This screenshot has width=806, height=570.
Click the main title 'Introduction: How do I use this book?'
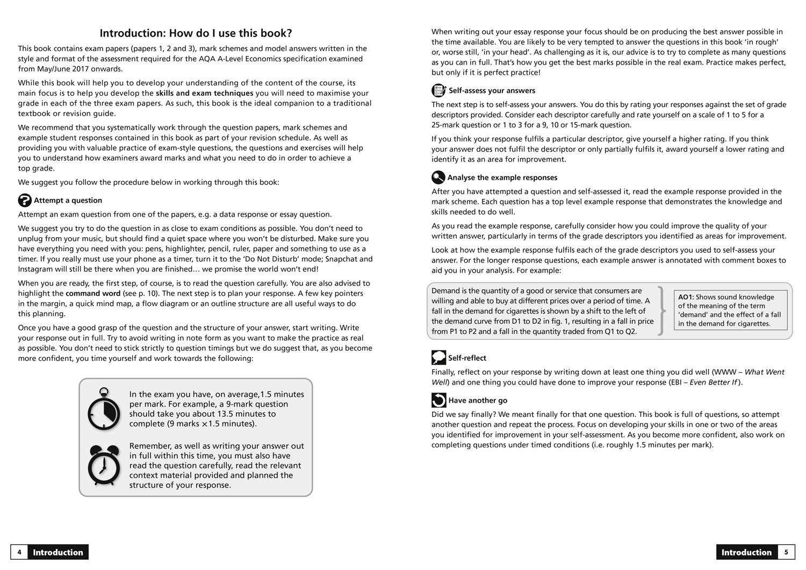[x=196, y=33]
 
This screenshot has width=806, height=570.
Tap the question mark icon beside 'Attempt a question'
[x=25, y=200]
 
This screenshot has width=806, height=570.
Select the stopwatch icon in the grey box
[x=104, y=409]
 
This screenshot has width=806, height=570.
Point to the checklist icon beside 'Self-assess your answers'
[x=438, y=90]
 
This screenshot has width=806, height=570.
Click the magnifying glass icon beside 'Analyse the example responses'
[x=438, y=177]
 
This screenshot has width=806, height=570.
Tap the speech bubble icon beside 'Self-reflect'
[x=438, y=358]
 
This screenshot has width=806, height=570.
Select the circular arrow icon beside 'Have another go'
[x=438, y=400]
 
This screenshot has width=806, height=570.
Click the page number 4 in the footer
[x=19, y=552]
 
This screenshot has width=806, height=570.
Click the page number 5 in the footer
[x=786, y=552]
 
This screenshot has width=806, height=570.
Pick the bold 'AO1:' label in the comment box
[x=686, y=297]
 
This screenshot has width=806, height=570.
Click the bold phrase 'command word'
[x=90, y=294]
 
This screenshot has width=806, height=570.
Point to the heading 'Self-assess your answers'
[x=492, y=90]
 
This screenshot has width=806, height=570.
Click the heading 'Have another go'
[x=478, y=400]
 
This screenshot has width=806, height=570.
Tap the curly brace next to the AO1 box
[x=662, y=311]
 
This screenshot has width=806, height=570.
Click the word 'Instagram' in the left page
[x=36, y=269]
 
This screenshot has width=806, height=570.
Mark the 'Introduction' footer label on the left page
[x=58, y=552]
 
